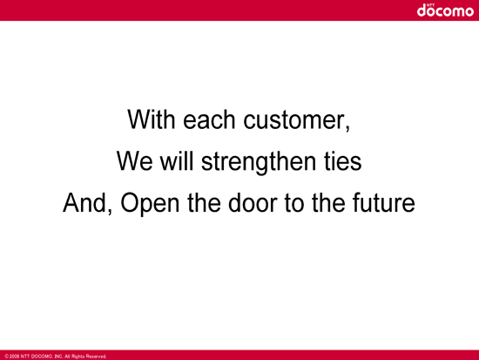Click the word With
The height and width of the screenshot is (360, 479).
(x=152, y=119)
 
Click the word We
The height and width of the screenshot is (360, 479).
(x=134, y=161)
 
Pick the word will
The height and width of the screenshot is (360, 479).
(x=177, y=160)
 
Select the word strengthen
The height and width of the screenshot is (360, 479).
(x=259, y=162)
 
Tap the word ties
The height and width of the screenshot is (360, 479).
(x=343, y=160)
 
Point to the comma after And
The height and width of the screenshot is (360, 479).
(x=110, y=212)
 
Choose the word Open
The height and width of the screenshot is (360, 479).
(x=150, y=204)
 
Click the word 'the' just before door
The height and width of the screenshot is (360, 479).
(x=204, y=202)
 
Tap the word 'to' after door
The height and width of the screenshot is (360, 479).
(x=293, y=203)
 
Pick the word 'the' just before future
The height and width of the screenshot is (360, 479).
(x=328, y=202)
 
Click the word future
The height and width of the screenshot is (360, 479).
(x=384, y=202)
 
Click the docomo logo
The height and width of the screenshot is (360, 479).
(x=445, y=10)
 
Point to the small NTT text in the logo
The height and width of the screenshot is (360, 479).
(x=431, y=5)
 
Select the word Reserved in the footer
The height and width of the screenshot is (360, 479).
(x=96, y=357)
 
